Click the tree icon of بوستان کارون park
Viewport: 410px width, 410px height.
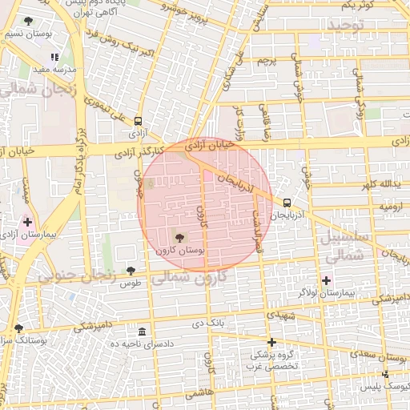pos(178,237)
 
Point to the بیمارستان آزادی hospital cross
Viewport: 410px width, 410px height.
pos(28,222)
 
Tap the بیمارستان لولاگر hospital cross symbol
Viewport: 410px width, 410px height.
pos(325,280)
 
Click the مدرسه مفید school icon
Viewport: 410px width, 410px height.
pos(54,58)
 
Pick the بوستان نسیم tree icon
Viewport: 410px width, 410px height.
pos(30,22)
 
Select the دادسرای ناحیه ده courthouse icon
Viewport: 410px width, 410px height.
pos(142,332)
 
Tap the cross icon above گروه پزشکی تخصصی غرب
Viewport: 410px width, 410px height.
pos(271,341)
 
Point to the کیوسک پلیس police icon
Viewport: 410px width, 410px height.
pos(385,374)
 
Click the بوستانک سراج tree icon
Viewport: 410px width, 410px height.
pos(18,328)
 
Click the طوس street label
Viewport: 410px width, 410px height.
pos(131,283)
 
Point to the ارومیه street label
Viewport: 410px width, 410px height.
pos(388,206)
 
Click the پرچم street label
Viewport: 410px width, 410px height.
pos(267,62)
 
